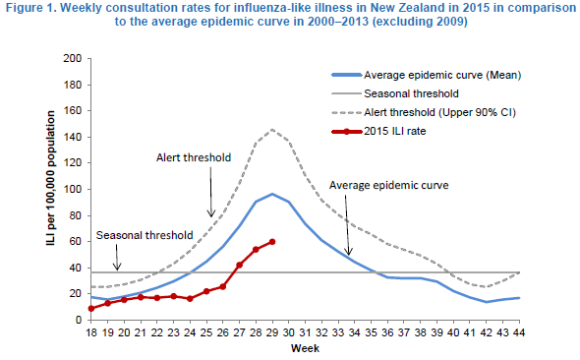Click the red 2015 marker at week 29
[x=272, y=242]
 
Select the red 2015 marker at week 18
[x=91, y=308]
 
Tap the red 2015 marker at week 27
[x=239, y=265]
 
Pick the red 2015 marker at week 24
[x=190, y=299]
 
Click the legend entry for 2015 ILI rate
[x=378, y=131]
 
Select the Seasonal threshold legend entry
[x=395, y=93]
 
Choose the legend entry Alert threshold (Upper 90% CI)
[x=424, y=112]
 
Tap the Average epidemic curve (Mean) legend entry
[x=427, y=75]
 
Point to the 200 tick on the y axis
[x=73, y=58]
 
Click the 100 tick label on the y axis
[x=73, y=189]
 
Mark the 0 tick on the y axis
[x=78, y=320]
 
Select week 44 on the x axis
[x=519, y=332]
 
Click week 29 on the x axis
[x=272, y=332]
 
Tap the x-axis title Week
[x=305, y=348]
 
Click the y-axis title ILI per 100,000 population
[x=51, y=178]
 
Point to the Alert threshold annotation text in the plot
[x=194, y=157]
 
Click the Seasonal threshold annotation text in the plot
[x=145, y=235]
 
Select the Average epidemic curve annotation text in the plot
[x=389, y=185]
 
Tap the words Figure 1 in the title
[x=30, y=8]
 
